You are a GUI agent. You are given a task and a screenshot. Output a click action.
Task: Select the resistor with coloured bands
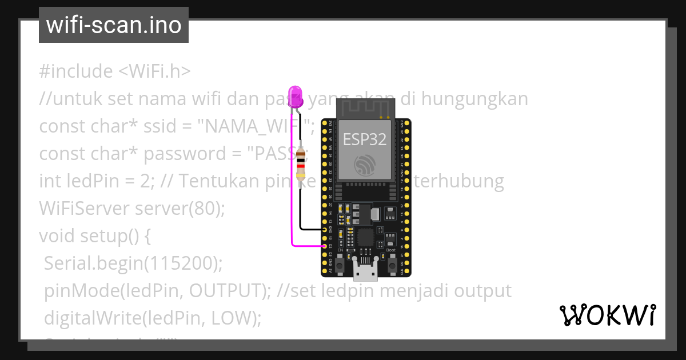tap(301, 163)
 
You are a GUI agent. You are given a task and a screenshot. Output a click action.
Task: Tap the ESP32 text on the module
tap(364, 139)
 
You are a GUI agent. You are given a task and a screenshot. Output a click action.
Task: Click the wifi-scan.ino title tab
tap(113, 25)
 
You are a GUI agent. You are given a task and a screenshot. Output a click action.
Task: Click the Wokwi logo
tap(607, 315)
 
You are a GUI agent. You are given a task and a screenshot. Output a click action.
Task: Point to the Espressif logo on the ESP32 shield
tap(364, 165)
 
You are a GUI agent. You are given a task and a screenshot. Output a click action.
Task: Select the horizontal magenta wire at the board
tap(309, 246)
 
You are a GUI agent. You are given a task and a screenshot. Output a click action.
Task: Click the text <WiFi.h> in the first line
tap(154, 71)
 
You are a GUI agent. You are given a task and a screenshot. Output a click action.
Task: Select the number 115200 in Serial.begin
tap(180, 263)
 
